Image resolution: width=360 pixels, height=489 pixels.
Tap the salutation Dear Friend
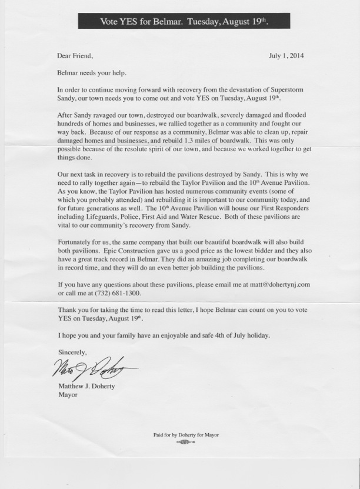point(75,56)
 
